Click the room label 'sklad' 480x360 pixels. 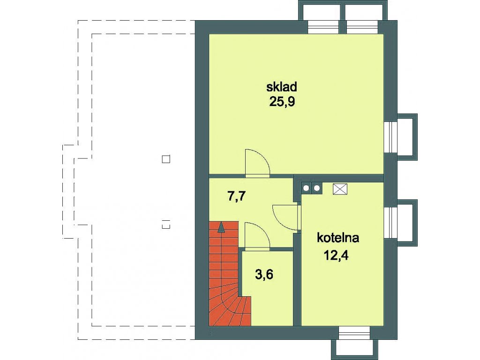(282, 87)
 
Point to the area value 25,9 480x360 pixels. (282, 102)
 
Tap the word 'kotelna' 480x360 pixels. (338, 238)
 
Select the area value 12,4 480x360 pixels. (336, 255)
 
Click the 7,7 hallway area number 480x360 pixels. (237, 196)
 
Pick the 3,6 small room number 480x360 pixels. (264, 275)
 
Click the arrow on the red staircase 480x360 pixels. (221, 228)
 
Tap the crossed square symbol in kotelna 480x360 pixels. (340, 189)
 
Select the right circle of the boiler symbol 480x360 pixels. (317, 188)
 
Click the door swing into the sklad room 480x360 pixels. (257, 163)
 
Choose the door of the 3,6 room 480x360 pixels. (257, 235)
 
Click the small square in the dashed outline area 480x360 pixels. (166, 159)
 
